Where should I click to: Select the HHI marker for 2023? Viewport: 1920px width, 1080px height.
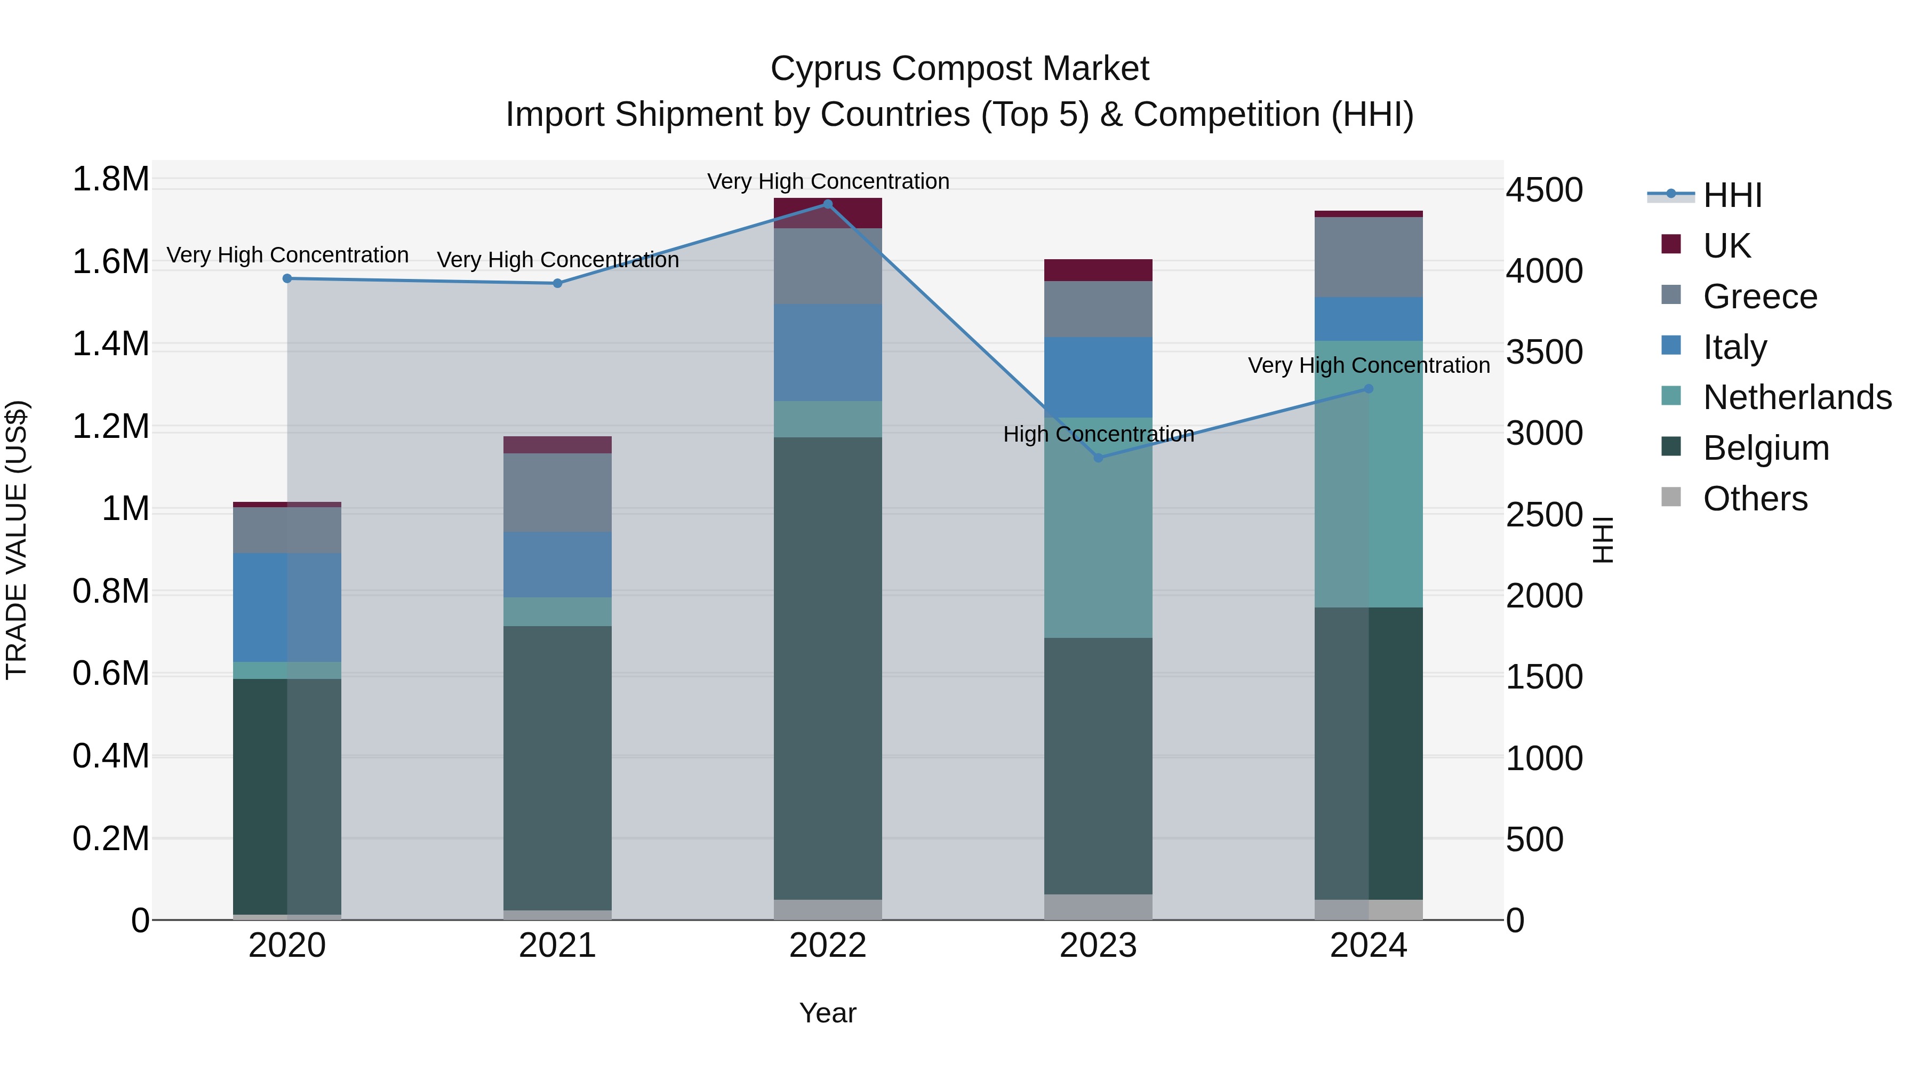pos(1098,458)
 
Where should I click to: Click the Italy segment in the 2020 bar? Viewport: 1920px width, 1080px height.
pos(287,607)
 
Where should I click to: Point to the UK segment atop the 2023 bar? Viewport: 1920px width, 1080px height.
pos(1098,270)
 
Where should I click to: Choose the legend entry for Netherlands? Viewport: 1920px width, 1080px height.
pos(1796,397)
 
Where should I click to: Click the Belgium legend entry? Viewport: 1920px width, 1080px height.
pos(1765,448)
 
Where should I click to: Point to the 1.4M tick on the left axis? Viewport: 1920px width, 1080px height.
pos(111,345)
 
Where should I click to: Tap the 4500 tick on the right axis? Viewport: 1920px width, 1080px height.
pos(1543,190)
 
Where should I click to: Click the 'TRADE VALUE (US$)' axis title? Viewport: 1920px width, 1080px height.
pos(17,540)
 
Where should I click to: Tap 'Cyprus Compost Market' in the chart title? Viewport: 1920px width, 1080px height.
pos(959,69)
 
